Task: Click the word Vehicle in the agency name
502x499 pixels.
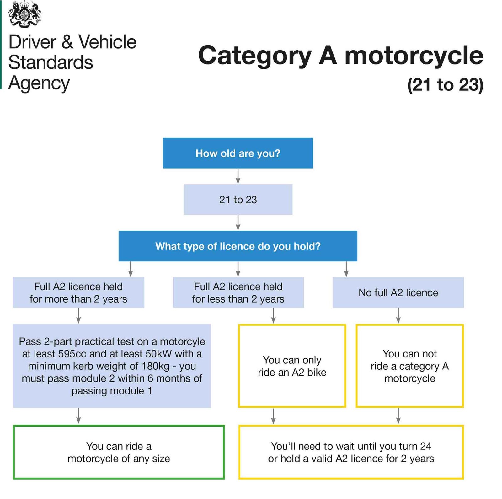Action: pos(107,42)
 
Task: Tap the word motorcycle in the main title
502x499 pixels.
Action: pos(414,56)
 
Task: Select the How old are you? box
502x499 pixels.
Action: pos(238,153)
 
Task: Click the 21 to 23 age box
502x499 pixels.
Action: pos(238,200)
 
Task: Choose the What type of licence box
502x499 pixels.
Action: pos(238,246)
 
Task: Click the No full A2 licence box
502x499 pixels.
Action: pos(398,292)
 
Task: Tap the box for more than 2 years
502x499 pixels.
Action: pos(78,292)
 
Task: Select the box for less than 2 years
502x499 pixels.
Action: pos(238,292)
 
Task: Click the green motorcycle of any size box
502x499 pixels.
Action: pos(119,452)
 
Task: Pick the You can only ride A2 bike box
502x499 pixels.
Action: pos(292,366)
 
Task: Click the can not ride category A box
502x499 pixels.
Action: pos(409,366)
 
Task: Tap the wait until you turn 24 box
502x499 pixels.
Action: pos(351,452)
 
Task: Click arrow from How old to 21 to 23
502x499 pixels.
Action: pos(238,176)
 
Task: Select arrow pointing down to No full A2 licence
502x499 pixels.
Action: pos(346,269)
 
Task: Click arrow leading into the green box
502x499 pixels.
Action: pos(78,416)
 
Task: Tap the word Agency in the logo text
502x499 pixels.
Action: pos(39,83)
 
